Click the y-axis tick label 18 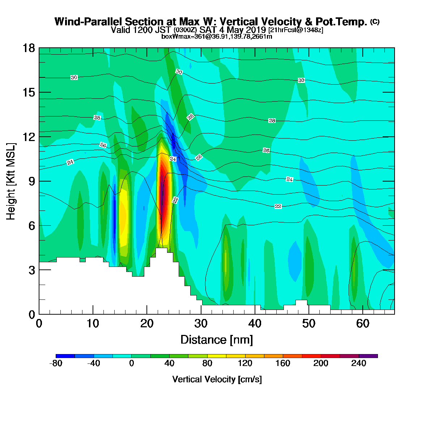click(29, 48)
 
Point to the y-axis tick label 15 click(29, 92)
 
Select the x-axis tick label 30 click(201, 324)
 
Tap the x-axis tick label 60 click(363, 324)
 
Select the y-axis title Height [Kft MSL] click(11, 181)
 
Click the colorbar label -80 click(56, 363)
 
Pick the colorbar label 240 click(358, 363)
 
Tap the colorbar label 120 click(245, 363)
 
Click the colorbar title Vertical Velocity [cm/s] click(217, 379)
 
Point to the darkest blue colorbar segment click(65, 356)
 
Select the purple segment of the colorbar click(368, 356)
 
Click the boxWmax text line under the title click(217, 37)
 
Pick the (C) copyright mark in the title click(375, 22)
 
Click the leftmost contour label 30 click(74, 77)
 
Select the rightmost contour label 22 click(278, 206)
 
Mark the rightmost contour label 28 click(272, 121)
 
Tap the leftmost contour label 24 click(70, 162)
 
